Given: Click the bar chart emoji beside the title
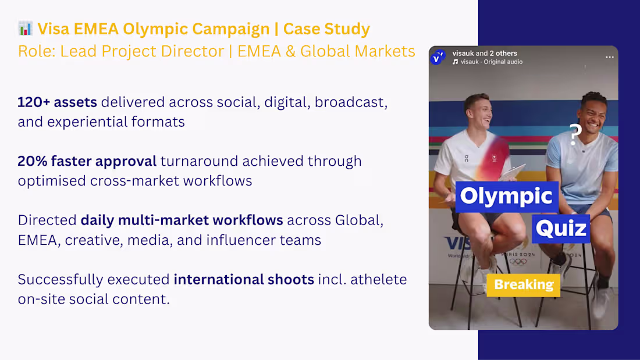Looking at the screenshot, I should coord(26,28).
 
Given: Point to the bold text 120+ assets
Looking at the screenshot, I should coord(57,102).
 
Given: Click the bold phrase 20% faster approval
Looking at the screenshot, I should coord(87,161).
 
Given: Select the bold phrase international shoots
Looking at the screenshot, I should coord(244,279).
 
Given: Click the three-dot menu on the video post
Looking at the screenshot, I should coord(609,58).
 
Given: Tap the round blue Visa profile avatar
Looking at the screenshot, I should coord(438,58).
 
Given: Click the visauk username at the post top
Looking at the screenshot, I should coord(463,54).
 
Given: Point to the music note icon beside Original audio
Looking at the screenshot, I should coord(456,62).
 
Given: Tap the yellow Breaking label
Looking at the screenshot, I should coord(523,285).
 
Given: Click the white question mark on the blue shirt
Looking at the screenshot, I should coord(575,135).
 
